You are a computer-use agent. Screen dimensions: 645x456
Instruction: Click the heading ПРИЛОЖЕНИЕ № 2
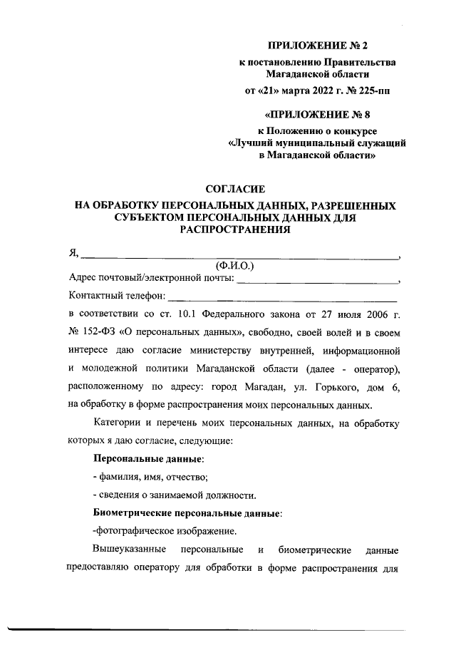point(318,46)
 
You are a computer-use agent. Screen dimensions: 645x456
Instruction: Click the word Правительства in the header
point(361,63)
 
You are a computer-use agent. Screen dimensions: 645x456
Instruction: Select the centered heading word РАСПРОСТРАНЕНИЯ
point(235,230)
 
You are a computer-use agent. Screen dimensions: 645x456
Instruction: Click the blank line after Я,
point(239,254)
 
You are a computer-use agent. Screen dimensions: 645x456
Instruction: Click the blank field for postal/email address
point(318,280)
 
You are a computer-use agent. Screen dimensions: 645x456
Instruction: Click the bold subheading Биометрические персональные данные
point(187,513)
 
